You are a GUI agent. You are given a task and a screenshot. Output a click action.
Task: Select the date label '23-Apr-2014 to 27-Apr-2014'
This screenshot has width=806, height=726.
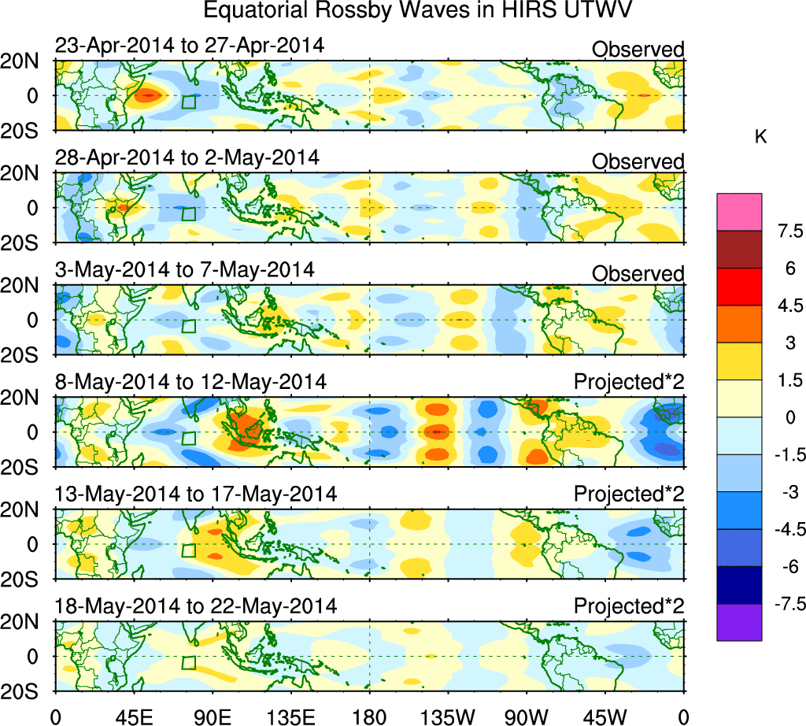pyautogui.click(x=190, y=46)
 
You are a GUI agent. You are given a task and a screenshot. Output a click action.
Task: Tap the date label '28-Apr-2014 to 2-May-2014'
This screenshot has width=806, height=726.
pyautogui.click(x=187, y=157)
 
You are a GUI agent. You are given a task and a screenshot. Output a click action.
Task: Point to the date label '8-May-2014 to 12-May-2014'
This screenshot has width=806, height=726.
pyautogui.click(x=190, y=382)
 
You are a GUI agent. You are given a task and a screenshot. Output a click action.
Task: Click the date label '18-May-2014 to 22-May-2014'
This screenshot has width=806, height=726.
pyautogui.click(x=196, y=606)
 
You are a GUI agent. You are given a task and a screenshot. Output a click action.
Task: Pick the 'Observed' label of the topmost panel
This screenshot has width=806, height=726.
pyautogui.click(x=638, y=49)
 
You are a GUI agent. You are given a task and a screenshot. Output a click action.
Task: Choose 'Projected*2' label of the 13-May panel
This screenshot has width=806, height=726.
pyautogui.click(x=629, y=494)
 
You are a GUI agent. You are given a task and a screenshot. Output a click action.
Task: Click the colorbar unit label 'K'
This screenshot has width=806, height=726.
pyautogui.click(x=760, y=137)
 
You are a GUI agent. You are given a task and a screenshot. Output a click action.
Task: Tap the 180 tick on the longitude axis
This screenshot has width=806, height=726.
pyautogui.click(x=370, y=717)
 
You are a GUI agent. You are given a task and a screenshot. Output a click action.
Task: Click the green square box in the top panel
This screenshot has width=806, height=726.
pyautogui.click(x=189, y=102)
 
